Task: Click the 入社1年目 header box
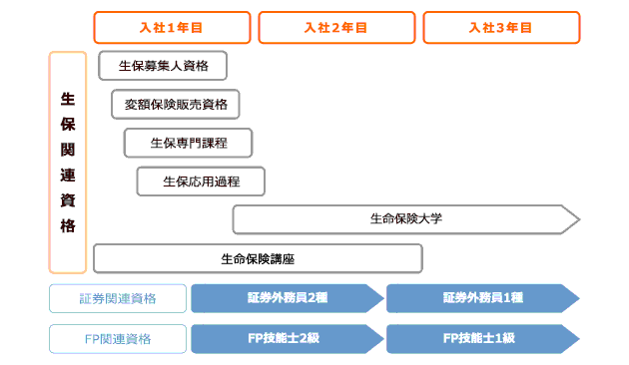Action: click(x=172, y=27)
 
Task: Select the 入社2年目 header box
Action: click(x=336, y=27)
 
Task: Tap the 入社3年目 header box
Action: click(x=501, y=27)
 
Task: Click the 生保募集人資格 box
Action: click(x=162, y=67)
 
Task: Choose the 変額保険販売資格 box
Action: click(x=176, y=105)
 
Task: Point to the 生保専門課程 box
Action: click(x=189, y=143)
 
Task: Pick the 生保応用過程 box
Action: click(x=201, y=182)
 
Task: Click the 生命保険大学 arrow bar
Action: click(x=404, y=219)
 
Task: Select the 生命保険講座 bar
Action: click(x=258, y=258)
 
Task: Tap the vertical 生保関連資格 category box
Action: click(x=68, y=163)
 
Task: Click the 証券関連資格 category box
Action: click(x=118, y=298)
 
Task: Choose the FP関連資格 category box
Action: click(x=118, y=338)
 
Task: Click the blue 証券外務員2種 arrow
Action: click(x=287, y=298)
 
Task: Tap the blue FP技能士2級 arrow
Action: click(x=287, y=338)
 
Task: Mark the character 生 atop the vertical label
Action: click(x=68, y=99)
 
